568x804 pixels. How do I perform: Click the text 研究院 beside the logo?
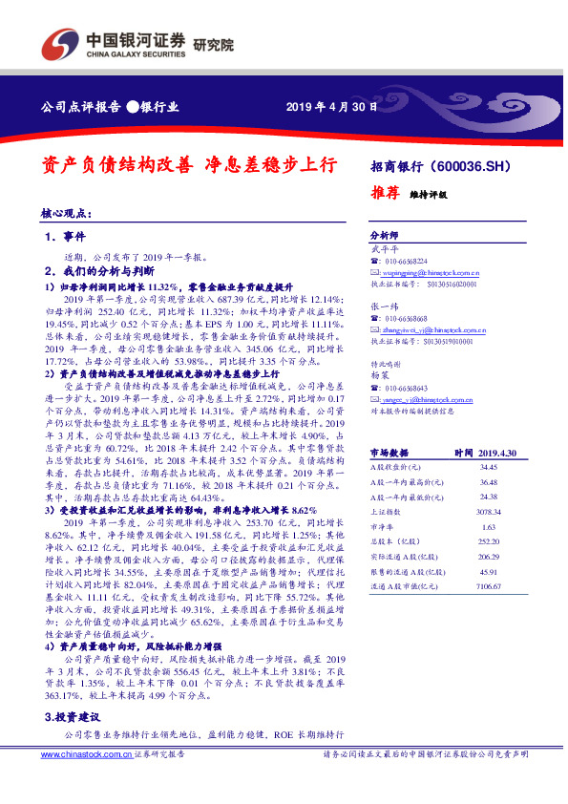pyautogui.click(x=213, y=44)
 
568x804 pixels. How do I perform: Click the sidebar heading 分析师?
pyautogui.click(x=383, y=235)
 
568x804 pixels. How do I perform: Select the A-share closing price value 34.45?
pyautogui.click(x=489, y=467)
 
